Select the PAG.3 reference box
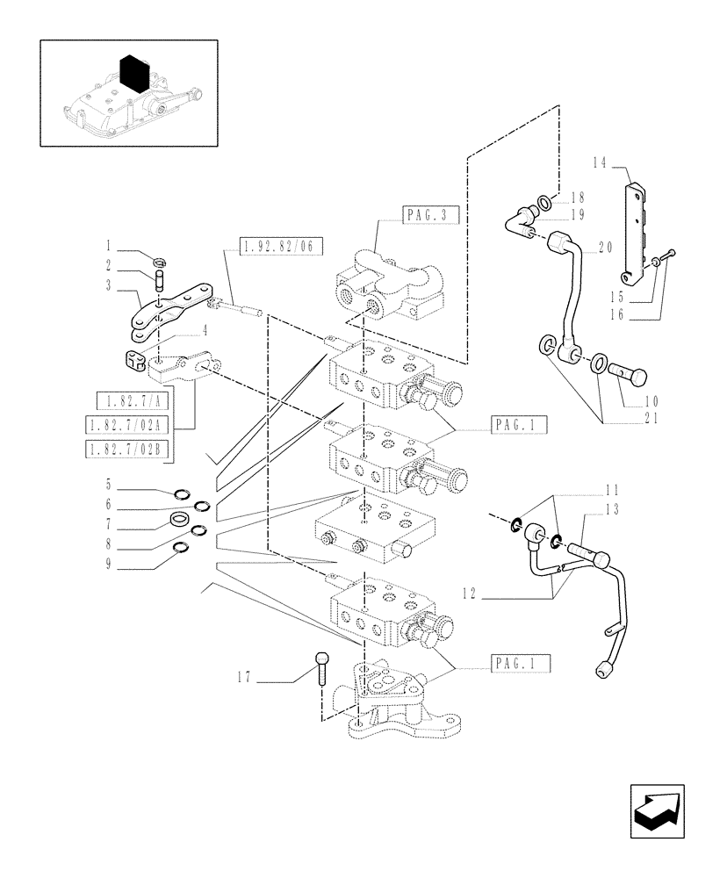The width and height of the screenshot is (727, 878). coord(429,214)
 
